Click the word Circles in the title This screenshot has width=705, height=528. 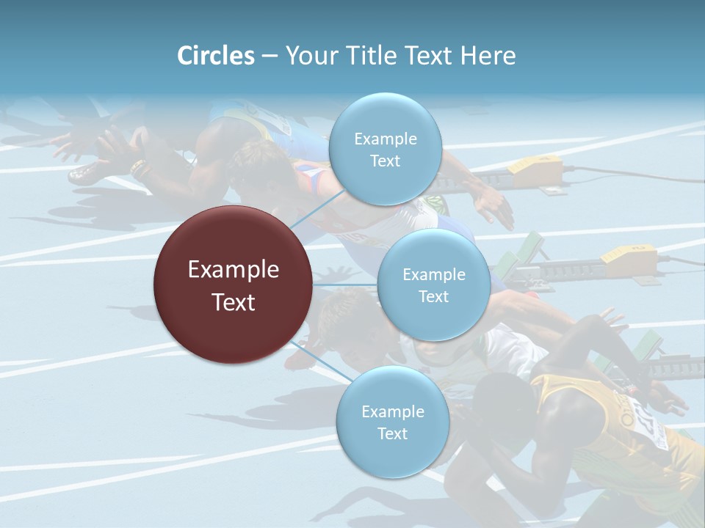click(x=215, y=56)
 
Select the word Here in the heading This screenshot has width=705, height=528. click(x=488, y=56)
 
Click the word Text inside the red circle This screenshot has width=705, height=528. click(x=234, y=301)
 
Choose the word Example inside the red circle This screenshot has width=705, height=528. click(x=234, y=270)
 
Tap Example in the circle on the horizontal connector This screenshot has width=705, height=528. click(x=433, y=275)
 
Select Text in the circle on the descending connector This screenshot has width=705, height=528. click(x=392, y=433)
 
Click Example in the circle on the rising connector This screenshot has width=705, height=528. click(x=385, y=139)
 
